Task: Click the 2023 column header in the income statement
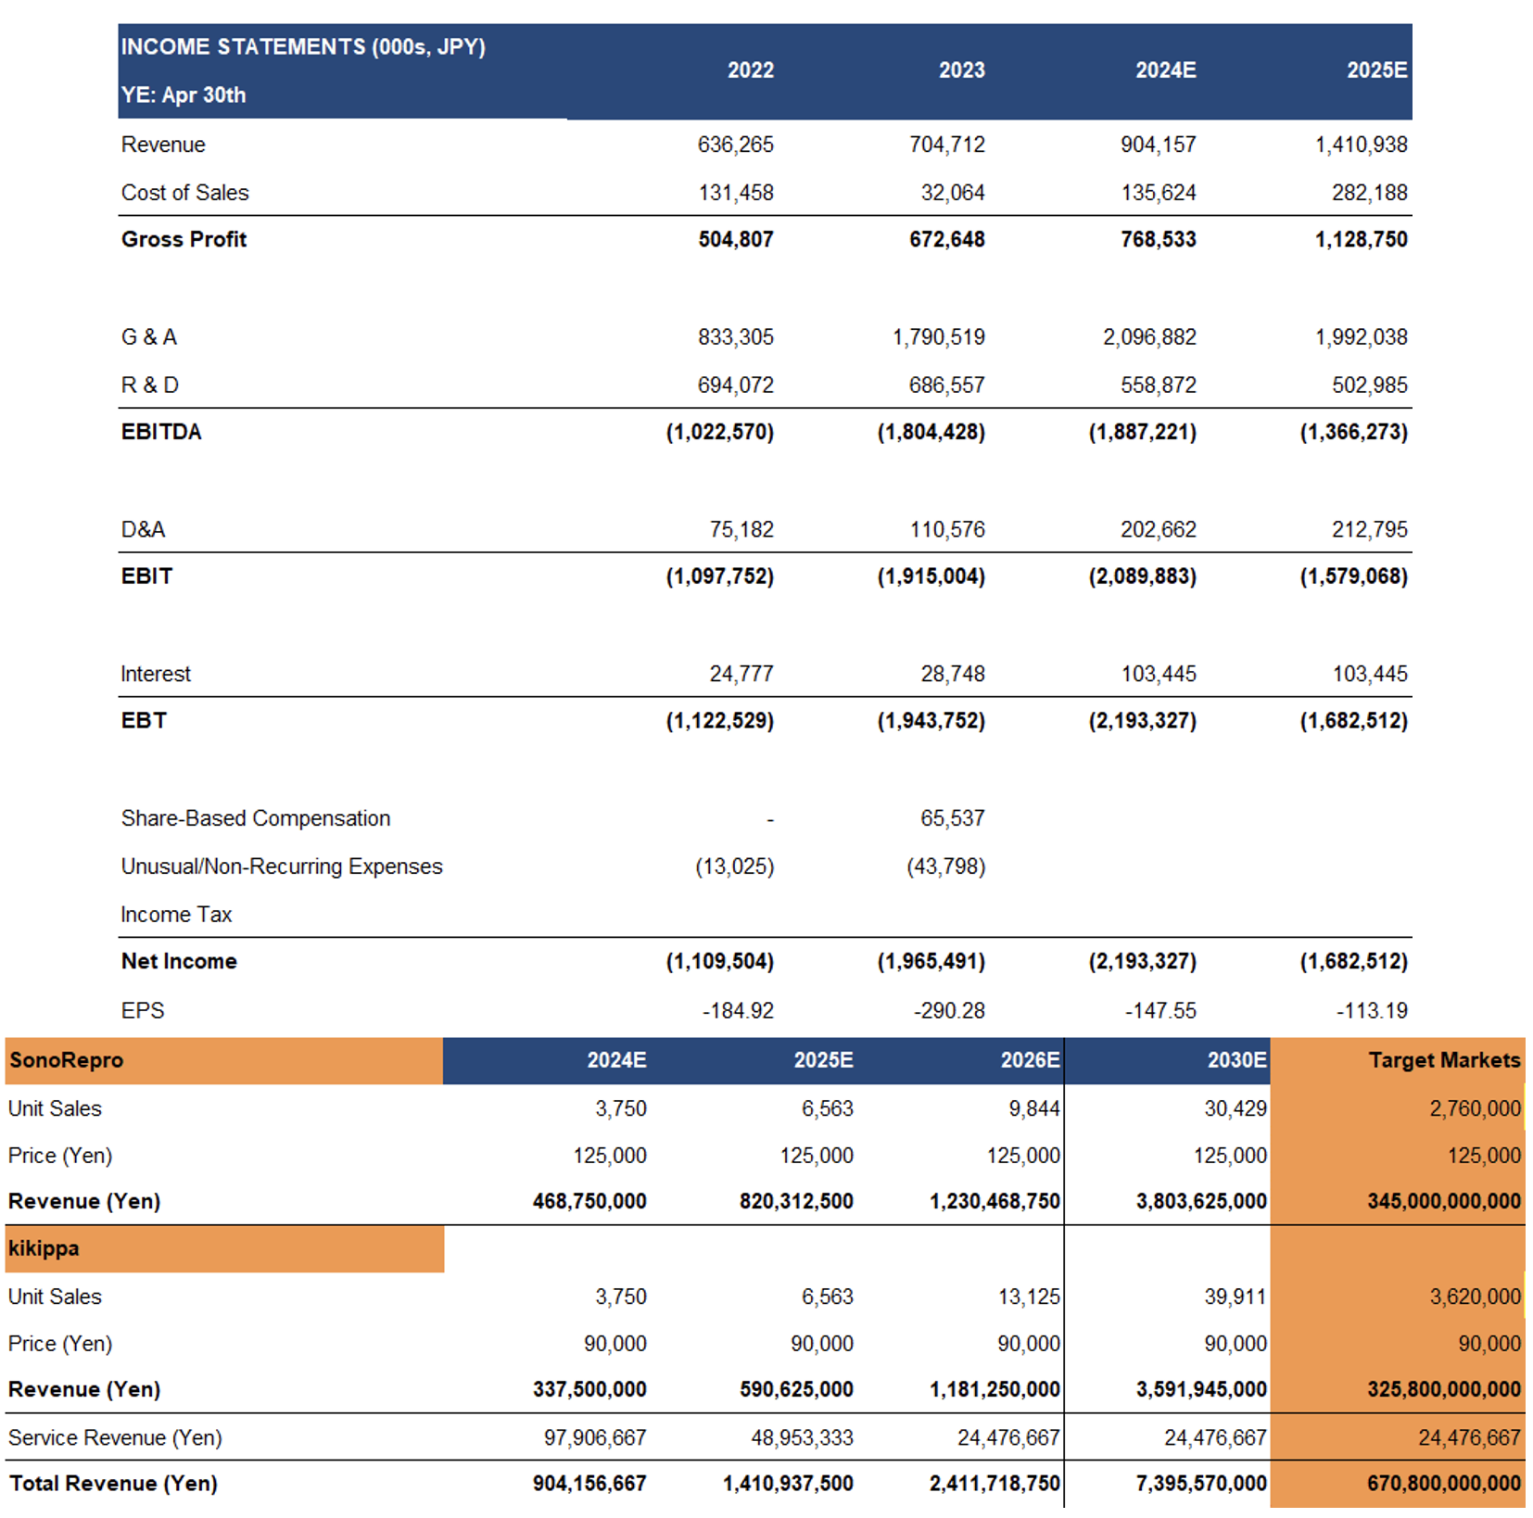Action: [x=961, y=70]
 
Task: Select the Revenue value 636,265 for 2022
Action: [x=735, y=145]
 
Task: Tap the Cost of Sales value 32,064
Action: [x=952, y=193]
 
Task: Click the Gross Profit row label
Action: [x=184, y=239]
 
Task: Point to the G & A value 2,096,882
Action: [x=1149, y=337]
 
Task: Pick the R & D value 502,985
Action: [x=1369, y=386]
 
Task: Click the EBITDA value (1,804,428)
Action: [x=931, y=432]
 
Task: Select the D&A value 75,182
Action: [x=741, y=530]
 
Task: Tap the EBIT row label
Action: [x=146, y=576]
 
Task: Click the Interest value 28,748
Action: [x=952, y=675]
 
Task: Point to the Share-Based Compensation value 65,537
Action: [x=952, y=819]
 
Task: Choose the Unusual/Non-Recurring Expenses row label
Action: [x=282, y=867]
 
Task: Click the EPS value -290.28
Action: [x=949, y=1011]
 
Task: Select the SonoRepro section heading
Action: [x=66, y=1060]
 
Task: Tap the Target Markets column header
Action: [x=1444, y=1060]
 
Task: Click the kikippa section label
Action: [x=44, y=1249]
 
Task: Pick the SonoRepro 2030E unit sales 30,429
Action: [x=1235, y=1109]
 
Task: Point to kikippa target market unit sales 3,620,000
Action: [x=1475, y=1297]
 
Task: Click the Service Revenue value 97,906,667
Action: [x=595, y=1438]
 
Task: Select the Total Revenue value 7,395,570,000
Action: [x=1201, y=1484]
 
